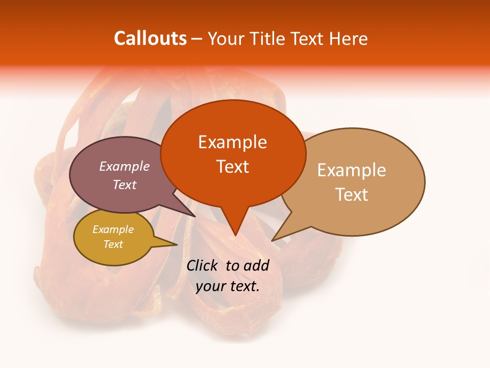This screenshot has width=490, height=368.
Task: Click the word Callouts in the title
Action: click(x=150, y=38)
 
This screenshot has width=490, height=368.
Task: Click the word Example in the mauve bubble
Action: click(x=124, y=166)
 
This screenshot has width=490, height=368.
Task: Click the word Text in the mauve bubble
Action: click(x=124, y=185)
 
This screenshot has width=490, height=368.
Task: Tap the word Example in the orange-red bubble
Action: click(x=232, y=142)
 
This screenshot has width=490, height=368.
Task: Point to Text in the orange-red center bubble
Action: click(x=232, y=166)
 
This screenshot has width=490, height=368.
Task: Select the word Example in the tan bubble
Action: click(x=352, y=170)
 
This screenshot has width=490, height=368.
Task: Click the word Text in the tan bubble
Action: click(x=352, y=194)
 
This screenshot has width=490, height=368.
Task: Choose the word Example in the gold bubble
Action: click(x=113, y=229)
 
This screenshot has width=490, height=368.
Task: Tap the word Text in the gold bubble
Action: click(x=113, y=244)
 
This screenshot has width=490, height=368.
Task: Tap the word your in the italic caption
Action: click(x=210, y=286)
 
